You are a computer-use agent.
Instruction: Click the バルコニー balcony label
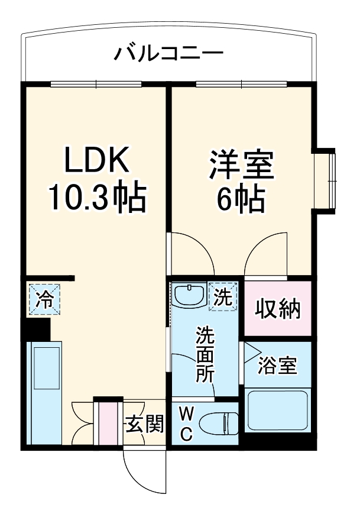point(168,55)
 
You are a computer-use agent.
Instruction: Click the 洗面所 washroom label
point(205,355)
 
